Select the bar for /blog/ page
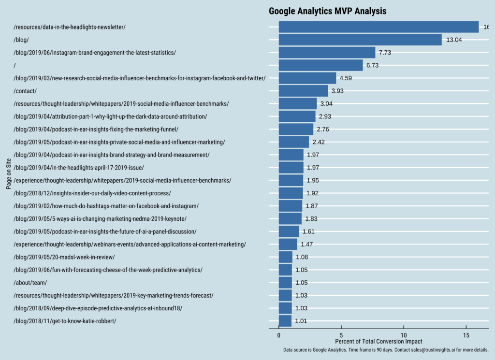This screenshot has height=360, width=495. [360, 40]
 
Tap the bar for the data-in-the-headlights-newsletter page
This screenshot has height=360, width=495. [379, 27]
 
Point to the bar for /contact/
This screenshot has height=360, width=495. [303, 91]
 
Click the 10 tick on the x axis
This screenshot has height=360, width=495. [404, 334]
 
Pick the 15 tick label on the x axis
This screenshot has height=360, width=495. [466, 334]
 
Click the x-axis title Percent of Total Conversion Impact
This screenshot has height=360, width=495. [379, 342]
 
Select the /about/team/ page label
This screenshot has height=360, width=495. [30, 283]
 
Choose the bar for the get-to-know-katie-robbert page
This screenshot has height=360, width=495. [285, 321]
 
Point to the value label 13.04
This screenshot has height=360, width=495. [454, 40]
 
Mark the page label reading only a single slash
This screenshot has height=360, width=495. [15, 65]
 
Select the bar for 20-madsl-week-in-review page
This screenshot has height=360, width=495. [286, 257]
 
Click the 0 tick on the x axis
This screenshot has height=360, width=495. [279, 334]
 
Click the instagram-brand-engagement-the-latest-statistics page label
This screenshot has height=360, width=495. [95, 53]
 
